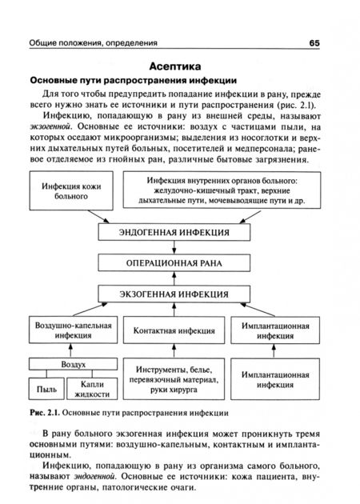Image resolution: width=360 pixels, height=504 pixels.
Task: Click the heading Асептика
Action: point(180,65)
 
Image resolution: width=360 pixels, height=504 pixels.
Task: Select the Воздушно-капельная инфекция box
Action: point(74,331)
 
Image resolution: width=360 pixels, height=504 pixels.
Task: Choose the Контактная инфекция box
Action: point(173,331)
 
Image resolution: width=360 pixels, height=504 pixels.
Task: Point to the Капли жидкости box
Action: point(96,387)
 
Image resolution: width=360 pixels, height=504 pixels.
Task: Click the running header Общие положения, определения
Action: point(93,42)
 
